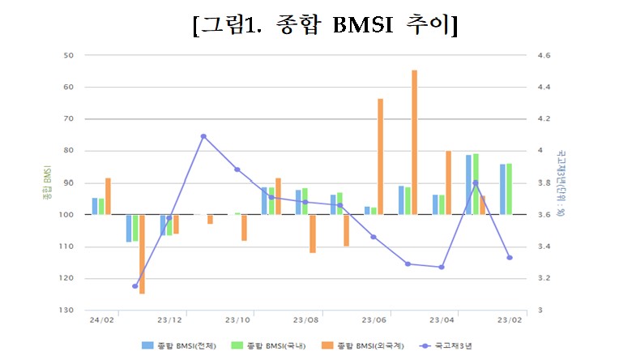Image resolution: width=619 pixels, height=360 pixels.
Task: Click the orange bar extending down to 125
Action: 142,254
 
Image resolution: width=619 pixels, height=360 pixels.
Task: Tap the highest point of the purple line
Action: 203,136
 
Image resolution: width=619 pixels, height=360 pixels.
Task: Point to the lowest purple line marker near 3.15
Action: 135,286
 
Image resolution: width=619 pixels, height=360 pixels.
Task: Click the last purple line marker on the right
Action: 510,258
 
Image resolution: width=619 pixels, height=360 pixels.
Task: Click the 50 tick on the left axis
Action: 69,55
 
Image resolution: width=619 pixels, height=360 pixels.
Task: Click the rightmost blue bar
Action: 502,189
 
